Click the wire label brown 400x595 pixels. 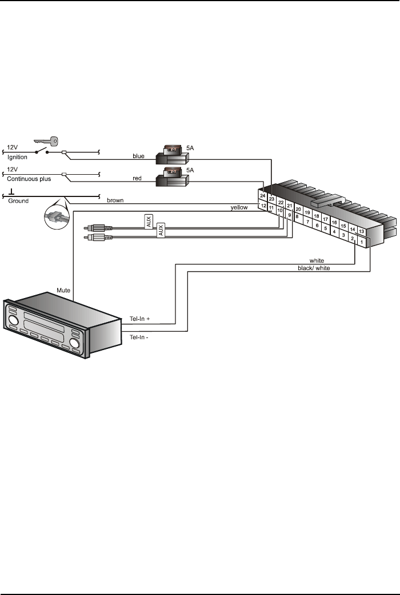coord(115,200)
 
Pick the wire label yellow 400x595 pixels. coord(239,208)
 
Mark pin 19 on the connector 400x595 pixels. coord(307,212)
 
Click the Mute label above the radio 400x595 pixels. coord(63,290)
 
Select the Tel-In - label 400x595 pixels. coord(140,337)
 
